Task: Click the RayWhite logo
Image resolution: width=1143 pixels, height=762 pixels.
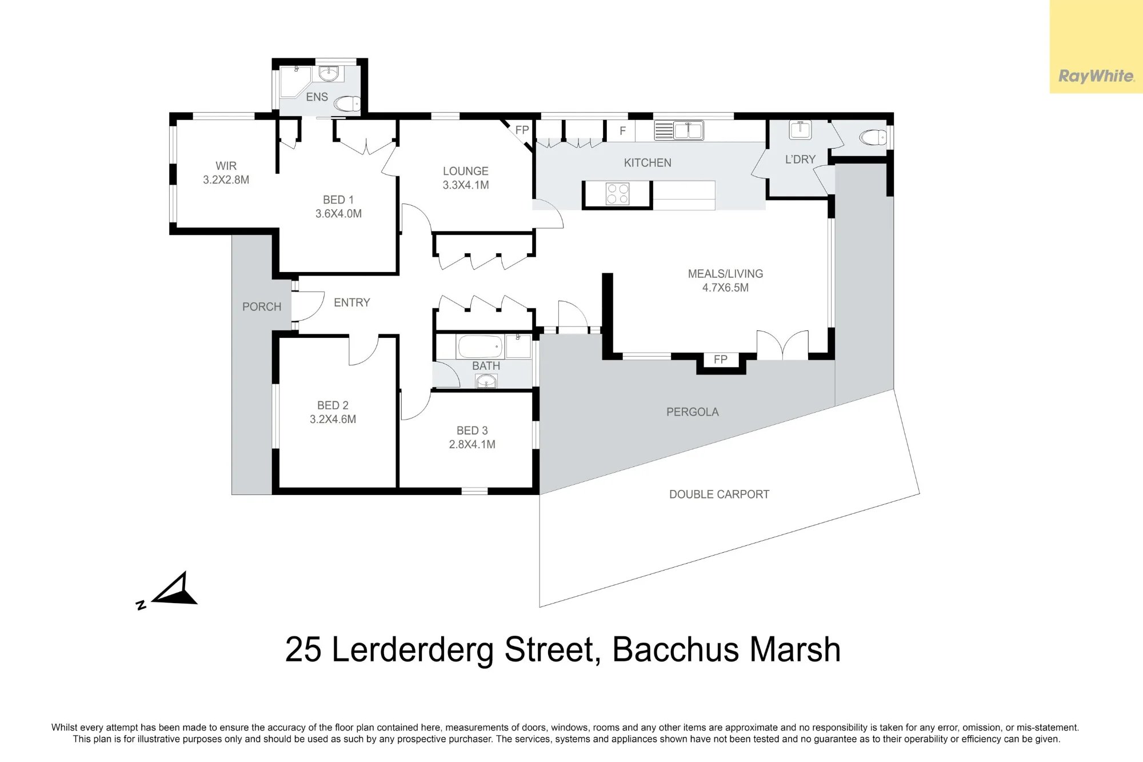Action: click(1096, 76)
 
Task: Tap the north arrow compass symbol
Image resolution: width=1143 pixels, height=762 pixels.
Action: click(169, 591)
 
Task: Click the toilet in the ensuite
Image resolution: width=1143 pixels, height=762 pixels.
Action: click(347, 103)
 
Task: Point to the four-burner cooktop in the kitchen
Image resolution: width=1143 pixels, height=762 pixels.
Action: click(617, 194)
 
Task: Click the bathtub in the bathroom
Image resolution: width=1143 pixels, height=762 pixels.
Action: click(479, 346)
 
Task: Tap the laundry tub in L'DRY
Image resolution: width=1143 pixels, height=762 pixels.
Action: click(800, 130)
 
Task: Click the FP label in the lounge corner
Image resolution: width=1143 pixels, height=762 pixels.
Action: click(522, 130)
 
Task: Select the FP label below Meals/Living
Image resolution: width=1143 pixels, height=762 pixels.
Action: click(720, 360)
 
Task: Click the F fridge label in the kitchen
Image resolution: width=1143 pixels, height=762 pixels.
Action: click(622, 131)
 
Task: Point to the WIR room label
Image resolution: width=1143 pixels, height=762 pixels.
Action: click(226, 166)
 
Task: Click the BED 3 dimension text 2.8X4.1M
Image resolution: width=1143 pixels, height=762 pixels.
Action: click(472, 444)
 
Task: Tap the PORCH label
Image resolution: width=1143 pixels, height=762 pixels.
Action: click(262, 307)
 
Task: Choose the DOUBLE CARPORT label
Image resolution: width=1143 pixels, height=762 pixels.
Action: click(719, 494)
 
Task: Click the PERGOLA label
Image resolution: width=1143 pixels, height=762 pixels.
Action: click(692, 412)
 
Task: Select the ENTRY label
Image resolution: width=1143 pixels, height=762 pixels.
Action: click(352, 302)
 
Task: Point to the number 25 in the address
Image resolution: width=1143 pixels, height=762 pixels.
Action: click(303, 650)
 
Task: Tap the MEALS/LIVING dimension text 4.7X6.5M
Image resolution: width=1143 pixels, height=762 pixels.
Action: click(725, 288)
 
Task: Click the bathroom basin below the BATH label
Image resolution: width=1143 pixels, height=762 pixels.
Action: click(486, 381)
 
